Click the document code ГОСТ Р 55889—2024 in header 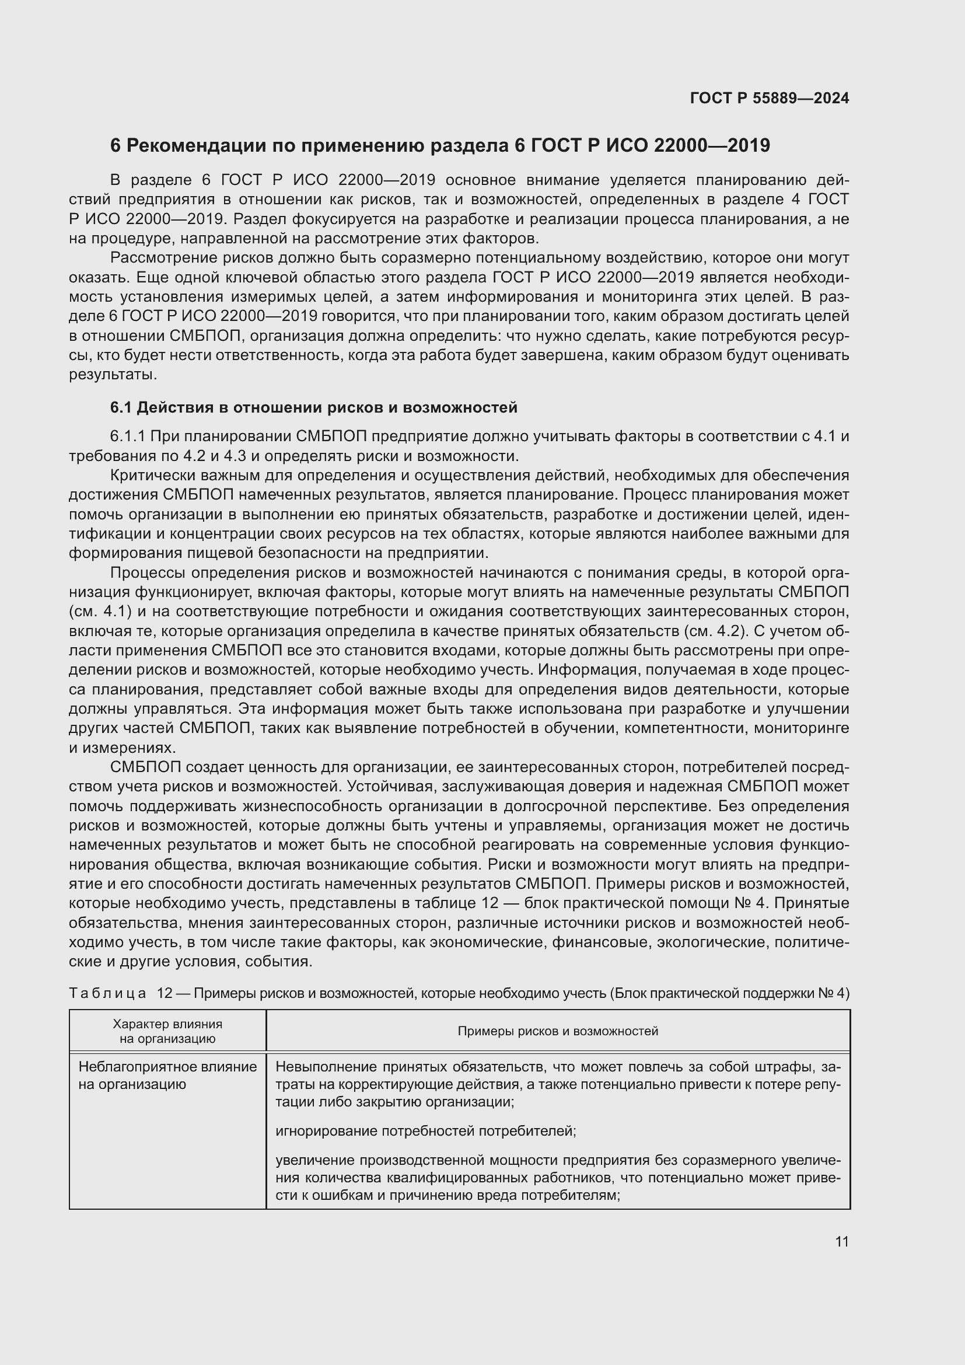tap(770, 98)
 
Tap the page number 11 tap(841, 1241)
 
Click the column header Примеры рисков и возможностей tap(557, 1031)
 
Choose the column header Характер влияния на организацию tap(167, 1031)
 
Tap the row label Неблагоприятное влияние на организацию tap(167, 1075)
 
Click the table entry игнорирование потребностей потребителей tap(425, 1130)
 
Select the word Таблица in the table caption tap(107, 993)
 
